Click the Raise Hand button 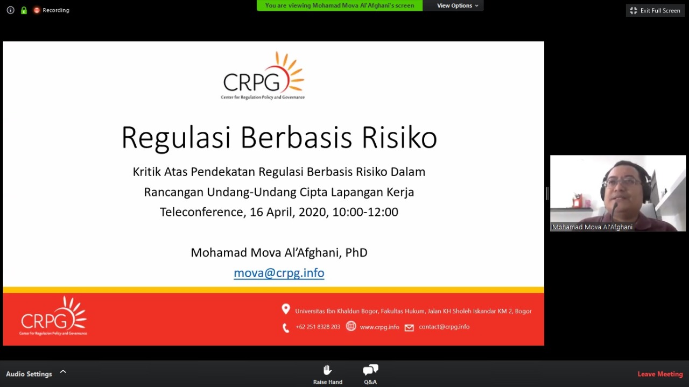tap(328, 374)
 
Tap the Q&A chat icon tap(370, 370)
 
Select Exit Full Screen tap(655, 10)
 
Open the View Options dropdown tap(458, 5)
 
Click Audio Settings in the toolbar tap(29, 374)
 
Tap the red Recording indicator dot tap(37, 10)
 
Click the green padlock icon tap(24, 10)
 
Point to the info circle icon tap(10, 10)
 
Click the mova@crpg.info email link tap(279, 273)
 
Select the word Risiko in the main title tap(399, 137)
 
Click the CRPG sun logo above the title tap(263, 75)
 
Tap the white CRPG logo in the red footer tap(53, 316)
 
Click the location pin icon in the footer tap(286, 309)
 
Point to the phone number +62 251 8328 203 tap(318, 327)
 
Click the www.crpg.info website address tap(379, 327)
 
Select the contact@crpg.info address tap(444, 327)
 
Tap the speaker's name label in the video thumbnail tap(592, 227)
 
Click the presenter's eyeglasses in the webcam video tap(621, 182)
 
